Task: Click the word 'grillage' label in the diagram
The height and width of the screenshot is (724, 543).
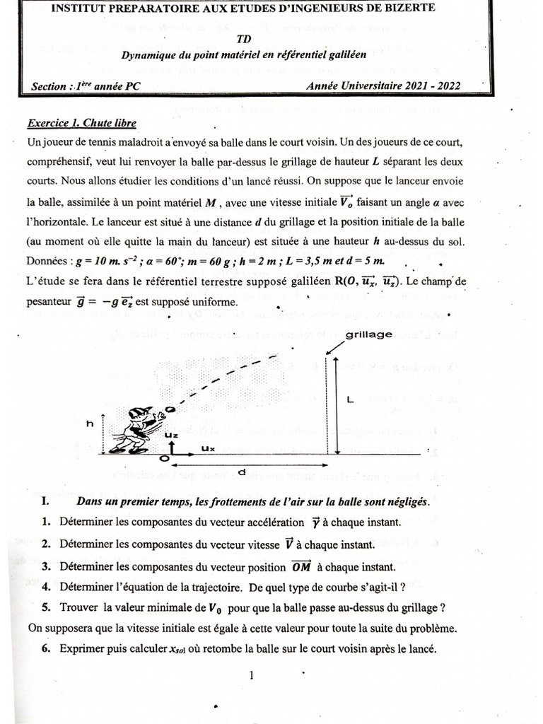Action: [370, 335]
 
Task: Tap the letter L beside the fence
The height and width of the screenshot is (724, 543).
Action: [349, 400]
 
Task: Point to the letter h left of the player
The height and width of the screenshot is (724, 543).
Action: [90, 424]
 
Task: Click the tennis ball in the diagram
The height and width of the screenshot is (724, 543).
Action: [170, 409]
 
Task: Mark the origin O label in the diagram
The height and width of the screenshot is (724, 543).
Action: [164, 457]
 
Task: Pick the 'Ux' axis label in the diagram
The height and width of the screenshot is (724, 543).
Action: [208, 448]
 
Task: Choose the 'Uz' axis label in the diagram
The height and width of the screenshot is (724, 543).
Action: [170, 436]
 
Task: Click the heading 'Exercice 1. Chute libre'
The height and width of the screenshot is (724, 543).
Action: [81, 122]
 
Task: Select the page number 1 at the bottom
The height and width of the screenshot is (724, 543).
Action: [251, 675]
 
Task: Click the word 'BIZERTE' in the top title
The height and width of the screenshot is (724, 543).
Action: [403, 8]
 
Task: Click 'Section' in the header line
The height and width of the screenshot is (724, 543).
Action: [49, 87]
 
